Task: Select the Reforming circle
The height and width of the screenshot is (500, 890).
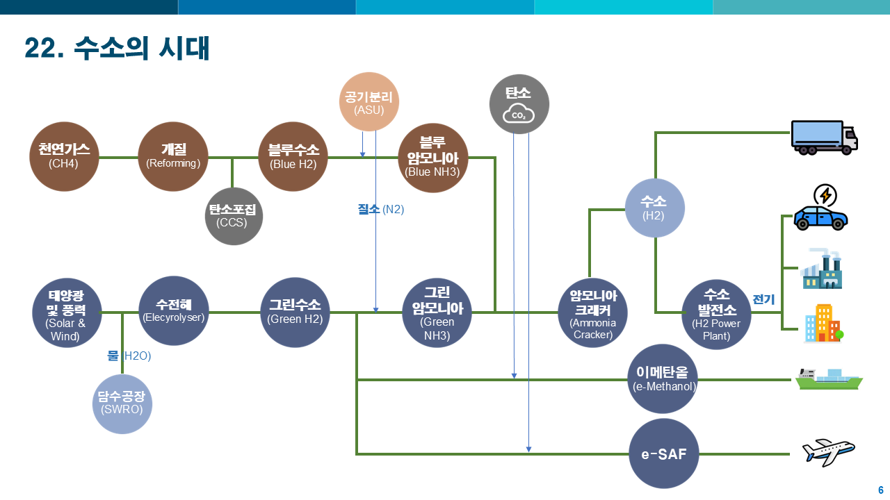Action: pos(173,157)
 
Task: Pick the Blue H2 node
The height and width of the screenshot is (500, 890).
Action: pos(293,157)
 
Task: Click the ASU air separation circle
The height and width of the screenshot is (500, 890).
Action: pos(369,103)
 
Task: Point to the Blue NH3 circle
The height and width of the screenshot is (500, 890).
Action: pos(432,158)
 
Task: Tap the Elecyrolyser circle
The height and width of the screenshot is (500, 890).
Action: pos(173,312)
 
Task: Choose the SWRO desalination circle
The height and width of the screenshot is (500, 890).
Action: pos(122,403)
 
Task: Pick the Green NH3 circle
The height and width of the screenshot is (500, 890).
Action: pos(437,313)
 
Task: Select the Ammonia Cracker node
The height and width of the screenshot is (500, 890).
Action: pos(593,312)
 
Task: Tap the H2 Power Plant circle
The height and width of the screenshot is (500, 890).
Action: pos(716,314)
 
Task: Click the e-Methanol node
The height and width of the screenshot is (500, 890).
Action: pos(662,379)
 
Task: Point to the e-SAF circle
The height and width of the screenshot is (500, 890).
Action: pos(663,453)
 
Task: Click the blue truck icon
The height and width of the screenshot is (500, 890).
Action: pos(824,137)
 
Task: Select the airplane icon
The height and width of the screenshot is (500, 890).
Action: pos(828,452)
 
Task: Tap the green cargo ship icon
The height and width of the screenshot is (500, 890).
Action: pos(828,379)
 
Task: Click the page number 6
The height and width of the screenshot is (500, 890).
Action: pos(880,489)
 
